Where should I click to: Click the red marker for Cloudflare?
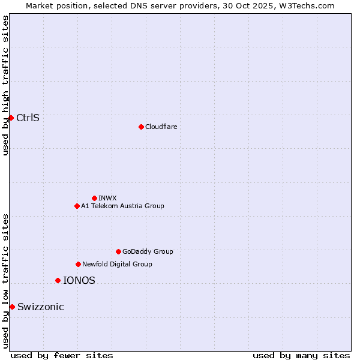(141, 127)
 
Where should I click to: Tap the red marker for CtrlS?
(11, 118)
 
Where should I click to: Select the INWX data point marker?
(94, 198)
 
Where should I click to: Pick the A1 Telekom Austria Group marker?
(77, 206)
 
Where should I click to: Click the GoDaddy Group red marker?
(118, 251)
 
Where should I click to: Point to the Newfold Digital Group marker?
(78, 264)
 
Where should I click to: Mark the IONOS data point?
(58, 280)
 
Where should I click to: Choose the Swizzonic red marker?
(12, 307)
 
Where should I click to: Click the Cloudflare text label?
(161, 127)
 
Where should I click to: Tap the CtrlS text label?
(28, 118)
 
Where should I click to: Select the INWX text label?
(107, 198)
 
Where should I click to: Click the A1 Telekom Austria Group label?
(122, 206)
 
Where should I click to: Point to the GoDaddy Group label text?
(148, 251)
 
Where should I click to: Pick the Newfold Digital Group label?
(117, 264)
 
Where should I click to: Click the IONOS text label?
(79, 280)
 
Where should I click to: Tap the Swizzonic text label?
(40, 307)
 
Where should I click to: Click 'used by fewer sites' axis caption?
(62, 355)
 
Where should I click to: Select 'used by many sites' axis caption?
(301, 355)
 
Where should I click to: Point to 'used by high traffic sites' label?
(5, 85)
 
